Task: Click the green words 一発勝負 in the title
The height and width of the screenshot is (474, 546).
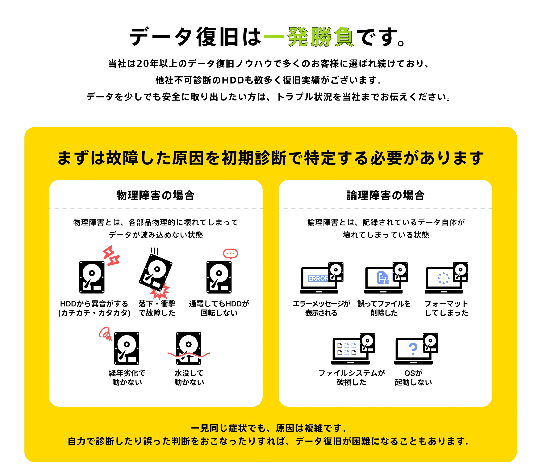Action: (309, 37)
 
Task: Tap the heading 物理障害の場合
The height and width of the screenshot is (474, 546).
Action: (156, 195)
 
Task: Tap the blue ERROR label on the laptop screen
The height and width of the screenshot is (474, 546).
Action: (318, 278)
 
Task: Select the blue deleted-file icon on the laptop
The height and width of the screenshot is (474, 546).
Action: (383, 278)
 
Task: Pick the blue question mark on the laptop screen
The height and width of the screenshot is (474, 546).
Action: (413, 349)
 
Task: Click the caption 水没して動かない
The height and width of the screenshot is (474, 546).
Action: (189, 378)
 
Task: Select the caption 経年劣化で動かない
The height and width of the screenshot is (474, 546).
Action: (127, 378)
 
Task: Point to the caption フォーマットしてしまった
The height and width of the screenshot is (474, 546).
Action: (446, 308)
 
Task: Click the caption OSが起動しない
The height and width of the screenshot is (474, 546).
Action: (413, 378)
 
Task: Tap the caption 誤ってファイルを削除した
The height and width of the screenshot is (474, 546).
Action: (384, 308)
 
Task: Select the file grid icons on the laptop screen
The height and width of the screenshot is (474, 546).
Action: (347, 349)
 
